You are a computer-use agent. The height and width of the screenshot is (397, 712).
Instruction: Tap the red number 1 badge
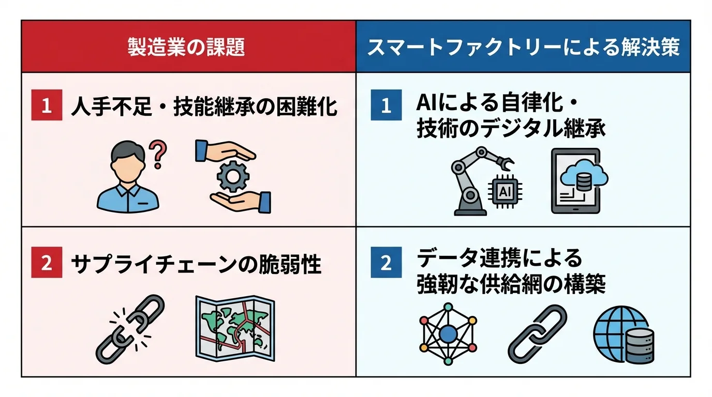coord(47,105)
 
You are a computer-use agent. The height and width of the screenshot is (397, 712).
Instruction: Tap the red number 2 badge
coord(47,263)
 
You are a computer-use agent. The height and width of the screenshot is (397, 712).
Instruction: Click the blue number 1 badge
coord(386,105)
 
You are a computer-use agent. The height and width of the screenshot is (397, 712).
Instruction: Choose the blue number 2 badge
coord(386,263)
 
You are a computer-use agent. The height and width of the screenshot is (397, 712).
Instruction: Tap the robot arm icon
coord(472,181)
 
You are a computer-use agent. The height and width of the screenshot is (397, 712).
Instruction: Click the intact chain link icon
coord(537,333)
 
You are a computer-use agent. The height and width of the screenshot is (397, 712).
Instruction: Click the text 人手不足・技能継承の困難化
coord(204,106)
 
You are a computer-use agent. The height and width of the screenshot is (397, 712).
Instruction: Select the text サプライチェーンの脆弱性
coord(196,264)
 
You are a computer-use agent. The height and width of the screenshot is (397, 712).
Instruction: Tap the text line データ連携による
coord(499,257)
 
